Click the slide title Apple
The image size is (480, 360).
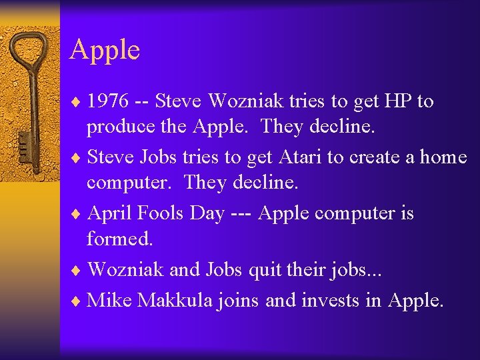pos(104,51)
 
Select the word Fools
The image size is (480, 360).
pos(159,213)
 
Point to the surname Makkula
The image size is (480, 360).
pos(175,301)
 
